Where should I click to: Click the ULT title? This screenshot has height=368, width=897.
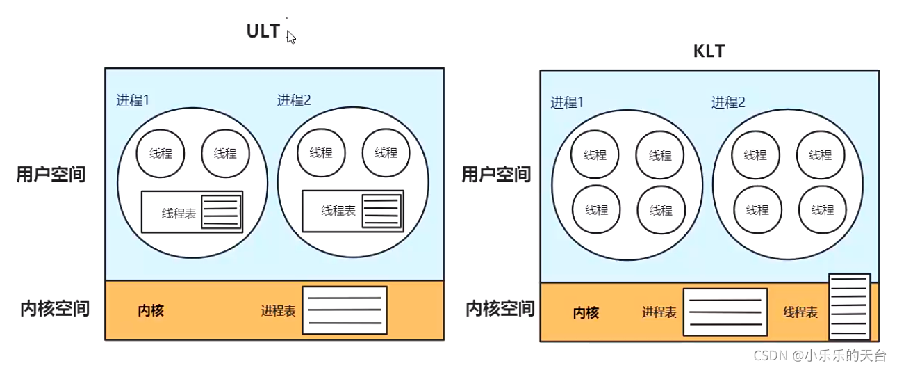coord(263,31)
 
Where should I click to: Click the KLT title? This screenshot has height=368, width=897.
coord(709,51)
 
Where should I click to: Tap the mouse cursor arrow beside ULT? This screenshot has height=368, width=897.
coord(290,37)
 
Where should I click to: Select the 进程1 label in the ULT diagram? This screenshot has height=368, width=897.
coord(133,99)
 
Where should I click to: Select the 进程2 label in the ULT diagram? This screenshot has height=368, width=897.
coord(294,100)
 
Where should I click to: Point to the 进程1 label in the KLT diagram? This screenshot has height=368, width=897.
coord(568,102)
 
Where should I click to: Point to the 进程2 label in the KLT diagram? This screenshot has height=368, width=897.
coord(728,102)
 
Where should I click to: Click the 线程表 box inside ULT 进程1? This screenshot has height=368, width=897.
coord(192,211)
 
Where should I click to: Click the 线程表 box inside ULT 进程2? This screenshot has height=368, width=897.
coord(352,211)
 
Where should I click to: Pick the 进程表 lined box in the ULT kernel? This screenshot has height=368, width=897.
coord(345,310)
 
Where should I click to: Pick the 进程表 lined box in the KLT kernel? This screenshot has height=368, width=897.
coord(725,312)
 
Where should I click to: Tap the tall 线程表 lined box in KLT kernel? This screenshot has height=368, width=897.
coord(849,307)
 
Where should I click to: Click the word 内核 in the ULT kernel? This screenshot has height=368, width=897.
coord(151,310)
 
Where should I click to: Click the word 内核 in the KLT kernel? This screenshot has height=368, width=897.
coord(586,313)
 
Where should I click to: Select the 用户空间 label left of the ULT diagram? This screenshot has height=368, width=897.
coord(51,174)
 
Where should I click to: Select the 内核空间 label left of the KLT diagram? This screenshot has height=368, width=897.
coord(500,307)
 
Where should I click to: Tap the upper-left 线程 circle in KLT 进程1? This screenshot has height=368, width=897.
coord(595,154)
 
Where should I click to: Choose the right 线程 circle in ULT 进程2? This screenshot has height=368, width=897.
coord(386,152)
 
